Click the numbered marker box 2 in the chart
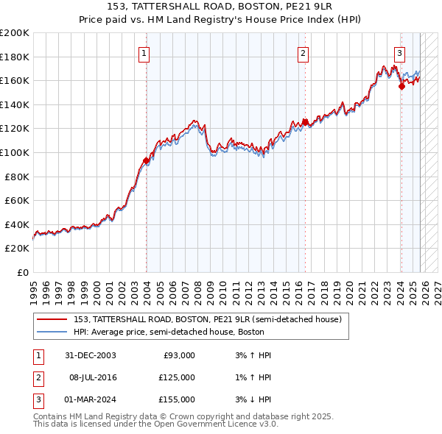point(303,52)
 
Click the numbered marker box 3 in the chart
point(399,52)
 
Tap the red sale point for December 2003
point(146,160)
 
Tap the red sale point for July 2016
point(305,122)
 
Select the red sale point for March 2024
point(401,86)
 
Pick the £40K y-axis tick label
point(17,224)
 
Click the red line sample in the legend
point(52,320)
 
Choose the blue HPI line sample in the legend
point(52,332)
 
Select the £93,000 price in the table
point(179,355)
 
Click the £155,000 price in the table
point(177,399)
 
